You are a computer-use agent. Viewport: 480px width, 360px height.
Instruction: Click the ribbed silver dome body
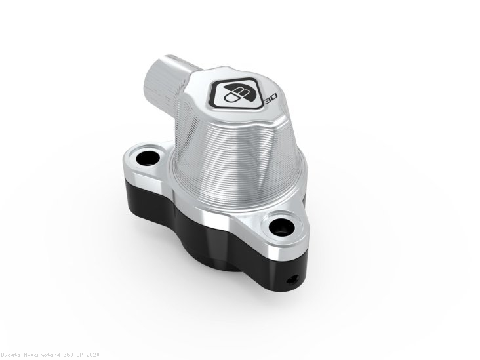tap(223, 151)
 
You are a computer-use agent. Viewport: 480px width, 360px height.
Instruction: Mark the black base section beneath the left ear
tap(141, 190)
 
